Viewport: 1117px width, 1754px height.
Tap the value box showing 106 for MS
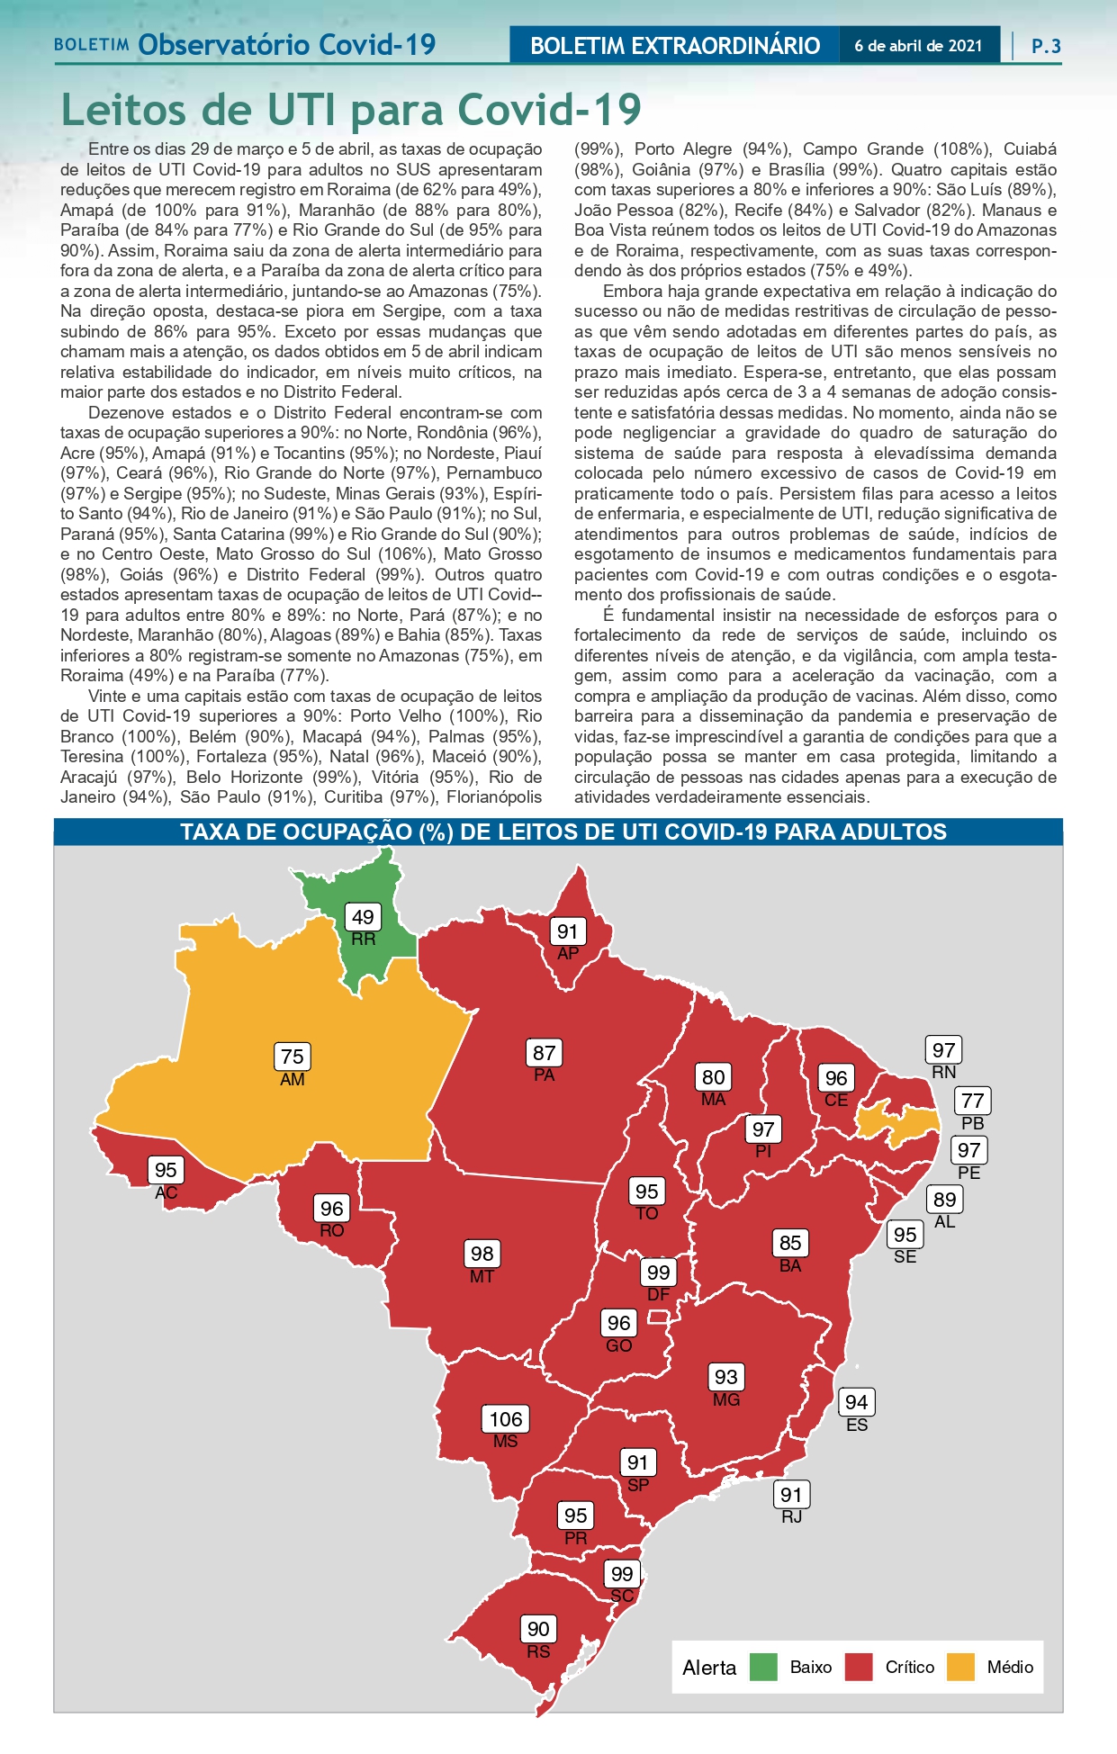coord(505,1419)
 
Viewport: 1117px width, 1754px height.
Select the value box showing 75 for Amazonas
coord(292,1057)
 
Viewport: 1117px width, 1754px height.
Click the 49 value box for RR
coord(363,917)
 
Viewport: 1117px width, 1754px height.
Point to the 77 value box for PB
coord(972,1101)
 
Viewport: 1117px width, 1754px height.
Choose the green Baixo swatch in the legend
coord(763,1667)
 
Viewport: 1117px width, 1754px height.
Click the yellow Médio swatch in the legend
coord(960,1667)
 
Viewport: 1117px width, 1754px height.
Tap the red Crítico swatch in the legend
coord(859,1667)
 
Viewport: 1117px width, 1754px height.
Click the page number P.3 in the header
coord(1046,46)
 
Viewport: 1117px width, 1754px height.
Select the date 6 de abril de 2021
coord(918,46)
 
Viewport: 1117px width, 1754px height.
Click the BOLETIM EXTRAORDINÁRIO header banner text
coord(675,46)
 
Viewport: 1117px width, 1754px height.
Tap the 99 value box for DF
coord(659,1273)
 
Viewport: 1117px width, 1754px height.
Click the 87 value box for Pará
coord(544,1053)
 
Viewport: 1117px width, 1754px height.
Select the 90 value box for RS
coord(538,1629)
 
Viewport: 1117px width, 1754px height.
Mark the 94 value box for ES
coord(856,1402)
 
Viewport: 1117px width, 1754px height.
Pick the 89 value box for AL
coord(944,1200)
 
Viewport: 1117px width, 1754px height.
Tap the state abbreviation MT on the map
coord(482,1276)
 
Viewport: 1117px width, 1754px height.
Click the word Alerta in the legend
coord(709,1668)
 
